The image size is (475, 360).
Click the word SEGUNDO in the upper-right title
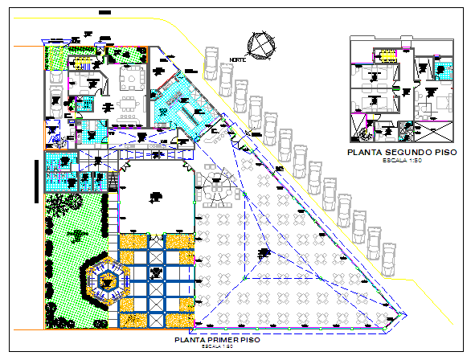[403, 151]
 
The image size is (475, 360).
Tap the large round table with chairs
[216, 190]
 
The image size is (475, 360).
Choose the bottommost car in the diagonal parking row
[387, 255]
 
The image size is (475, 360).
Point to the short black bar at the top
[103, 14]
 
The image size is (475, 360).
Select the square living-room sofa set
[129, 80]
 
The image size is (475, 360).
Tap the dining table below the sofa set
[128, 106]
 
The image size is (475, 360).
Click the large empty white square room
[155, 196]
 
